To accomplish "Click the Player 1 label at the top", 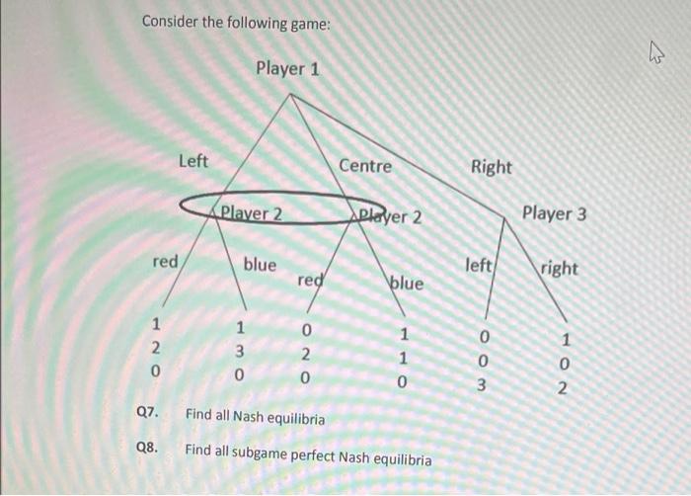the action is (x=287, y=69).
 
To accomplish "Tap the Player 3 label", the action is (x=554, y=213).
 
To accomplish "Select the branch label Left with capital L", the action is (x=193, y=160).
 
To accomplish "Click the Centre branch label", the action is (x=365, y=166).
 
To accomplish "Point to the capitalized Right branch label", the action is (x=492, y=167).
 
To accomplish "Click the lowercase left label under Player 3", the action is (x=481, y=265).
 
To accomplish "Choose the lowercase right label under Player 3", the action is (x=559, y=268).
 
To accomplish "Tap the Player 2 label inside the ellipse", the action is (x=252, y=212).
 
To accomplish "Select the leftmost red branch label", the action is (x=165, y=262).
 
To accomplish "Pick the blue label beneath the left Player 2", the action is (x=260, y=264).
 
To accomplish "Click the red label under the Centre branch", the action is (x=311, y=280).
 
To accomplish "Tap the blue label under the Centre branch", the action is (x=406, y=283).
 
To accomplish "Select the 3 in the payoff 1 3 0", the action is (x=240, y=352).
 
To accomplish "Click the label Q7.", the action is (x=149, y=418).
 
